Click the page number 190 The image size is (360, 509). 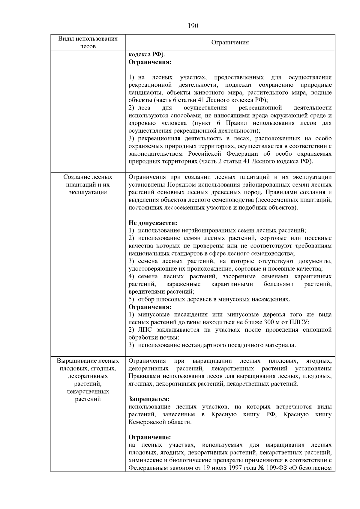(193, 26)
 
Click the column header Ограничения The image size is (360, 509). (230, 42)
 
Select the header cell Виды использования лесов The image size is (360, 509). (88, 42)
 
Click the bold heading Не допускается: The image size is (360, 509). (153, 223)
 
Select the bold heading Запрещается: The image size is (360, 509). (149, 399)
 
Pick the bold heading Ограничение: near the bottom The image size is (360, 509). (149, 437)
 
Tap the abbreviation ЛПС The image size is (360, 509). (145, 330)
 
